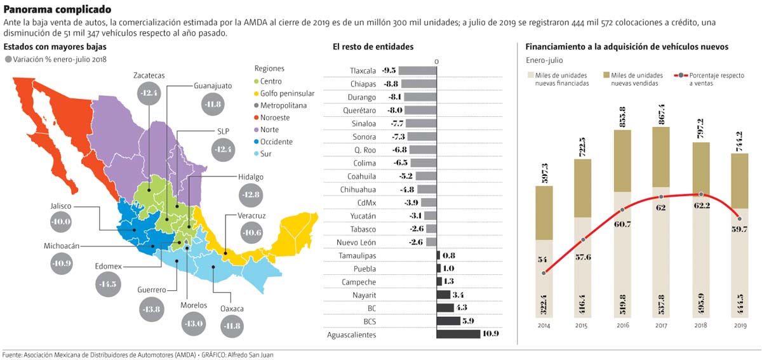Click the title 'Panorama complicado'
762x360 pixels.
(x=57, y=10)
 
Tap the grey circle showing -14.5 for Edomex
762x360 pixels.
(x=107, y=283)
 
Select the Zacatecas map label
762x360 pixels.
(x=149, y=76)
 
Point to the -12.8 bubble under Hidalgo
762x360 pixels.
(x=251, y=194)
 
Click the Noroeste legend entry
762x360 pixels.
(x=274, y=117)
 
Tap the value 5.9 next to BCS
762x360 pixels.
(x=469, y=321)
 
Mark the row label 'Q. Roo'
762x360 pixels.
(x=367, y=149)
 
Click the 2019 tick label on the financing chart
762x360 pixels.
(x=740, y=325)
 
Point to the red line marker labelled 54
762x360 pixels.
(x=544, y=273)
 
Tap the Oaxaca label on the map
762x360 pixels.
(x=232, y=309)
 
